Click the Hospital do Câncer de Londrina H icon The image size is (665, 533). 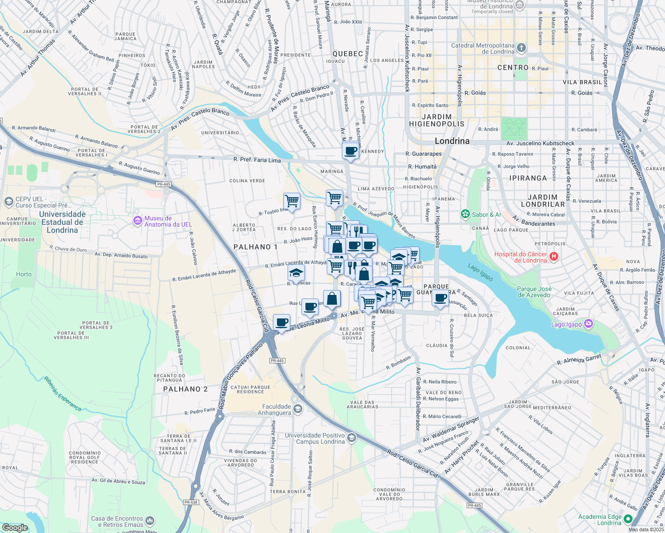point(554,257)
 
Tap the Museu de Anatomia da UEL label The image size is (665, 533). point(158,221)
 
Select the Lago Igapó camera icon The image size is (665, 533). point(589,324)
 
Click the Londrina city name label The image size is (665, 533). point(452,141)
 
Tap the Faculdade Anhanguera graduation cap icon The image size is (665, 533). point(298,409)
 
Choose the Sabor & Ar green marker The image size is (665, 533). point(465,215)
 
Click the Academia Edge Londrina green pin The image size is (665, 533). point(628,519)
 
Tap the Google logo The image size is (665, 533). point(15,528)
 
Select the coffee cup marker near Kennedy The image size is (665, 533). point(350,151)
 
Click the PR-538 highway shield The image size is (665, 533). point(191,502)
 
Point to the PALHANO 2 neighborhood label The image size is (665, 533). point(185,389)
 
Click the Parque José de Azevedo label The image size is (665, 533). point(534,292)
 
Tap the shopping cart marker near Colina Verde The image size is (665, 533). point(292,201)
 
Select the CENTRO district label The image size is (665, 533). point(513,68)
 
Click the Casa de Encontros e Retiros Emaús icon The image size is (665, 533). point(150,521)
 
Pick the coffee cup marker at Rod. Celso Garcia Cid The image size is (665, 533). point(281,322)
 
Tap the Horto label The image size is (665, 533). point(24,274)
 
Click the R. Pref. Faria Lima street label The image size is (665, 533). point(257,159)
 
